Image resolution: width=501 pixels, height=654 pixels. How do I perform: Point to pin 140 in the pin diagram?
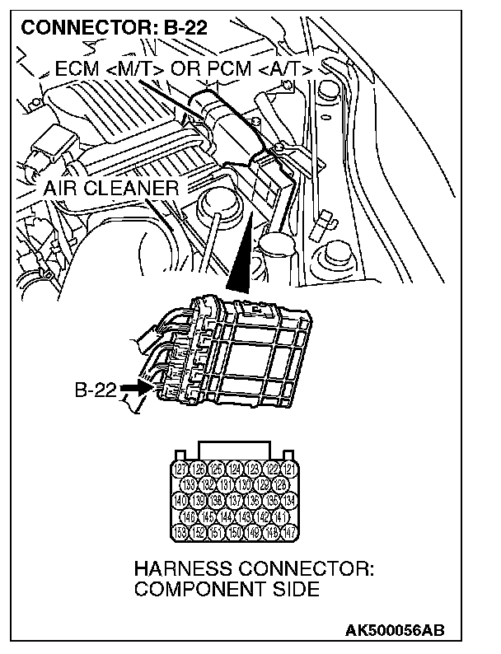click(183, 500)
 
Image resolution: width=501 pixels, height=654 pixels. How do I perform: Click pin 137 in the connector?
click(234, 500)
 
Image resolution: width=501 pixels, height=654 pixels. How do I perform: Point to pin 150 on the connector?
click(234, 531)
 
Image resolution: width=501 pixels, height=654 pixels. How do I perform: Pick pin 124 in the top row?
click(234, 469)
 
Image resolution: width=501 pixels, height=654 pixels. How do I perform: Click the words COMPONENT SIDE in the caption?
click(227, 590)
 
